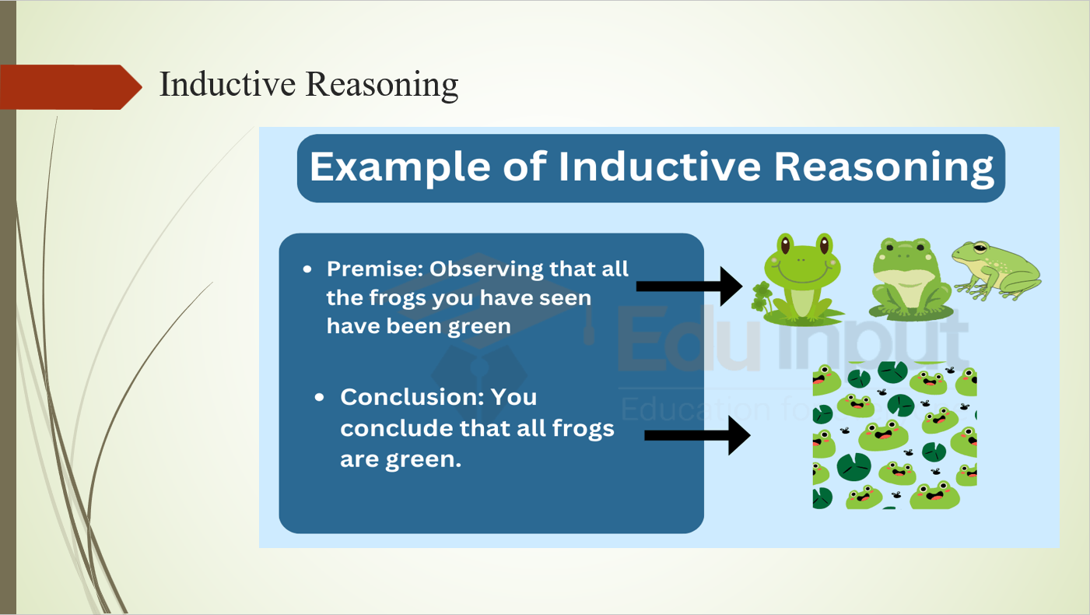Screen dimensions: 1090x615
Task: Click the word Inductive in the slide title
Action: click(x=227, y=84)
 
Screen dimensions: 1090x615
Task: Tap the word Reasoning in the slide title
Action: click(x=382, y=85)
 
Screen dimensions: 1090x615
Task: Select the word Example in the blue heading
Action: click(x=400, y=167)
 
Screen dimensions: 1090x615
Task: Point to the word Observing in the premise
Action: click(x=485, y=270)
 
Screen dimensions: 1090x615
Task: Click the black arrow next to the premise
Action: click(x=689, y=286)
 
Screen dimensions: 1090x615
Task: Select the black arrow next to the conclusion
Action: click(x=697, y=436)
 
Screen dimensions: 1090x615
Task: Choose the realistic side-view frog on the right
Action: click(x=995, y=269)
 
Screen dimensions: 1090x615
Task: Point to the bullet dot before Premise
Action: click(x=307, y=269)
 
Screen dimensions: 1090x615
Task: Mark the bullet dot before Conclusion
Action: click(x=319, y=397)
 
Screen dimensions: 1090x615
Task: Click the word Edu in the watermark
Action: click(x=689, y=340)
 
